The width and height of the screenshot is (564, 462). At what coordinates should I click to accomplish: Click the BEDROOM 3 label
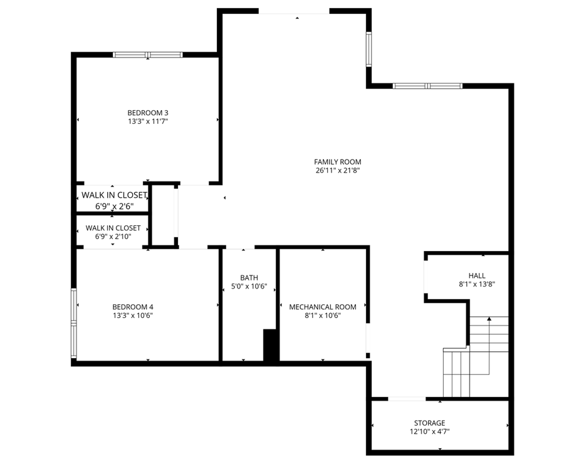(148, 113)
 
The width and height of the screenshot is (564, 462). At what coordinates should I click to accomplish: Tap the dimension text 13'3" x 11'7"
(148, 121)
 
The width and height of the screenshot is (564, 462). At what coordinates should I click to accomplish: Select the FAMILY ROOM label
(338, 162)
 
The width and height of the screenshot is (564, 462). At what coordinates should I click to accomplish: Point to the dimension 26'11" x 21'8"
(338, 170)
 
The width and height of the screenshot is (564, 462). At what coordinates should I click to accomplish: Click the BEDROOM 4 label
(133, 307)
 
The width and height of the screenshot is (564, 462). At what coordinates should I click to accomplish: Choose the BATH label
(249, 278)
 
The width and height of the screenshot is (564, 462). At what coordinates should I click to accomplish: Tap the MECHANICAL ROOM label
(323, 307)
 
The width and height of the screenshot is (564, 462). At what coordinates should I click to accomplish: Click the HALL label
(477, 275)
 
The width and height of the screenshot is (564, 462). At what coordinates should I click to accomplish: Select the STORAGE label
(429, 423)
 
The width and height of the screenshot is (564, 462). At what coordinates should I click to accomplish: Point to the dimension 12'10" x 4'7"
(429, 432)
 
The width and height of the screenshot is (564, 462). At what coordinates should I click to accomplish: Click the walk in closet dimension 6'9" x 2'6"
(113, 205)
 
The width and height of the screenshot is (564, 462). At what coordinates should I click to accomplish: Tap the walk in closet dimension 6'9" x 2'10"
(113, 237)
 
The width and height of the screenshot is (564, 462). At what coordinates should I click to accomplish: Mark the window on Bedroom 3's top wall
(148, 55)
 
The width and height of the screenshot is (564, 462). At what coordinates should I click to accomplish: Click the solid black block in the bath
(271, 345)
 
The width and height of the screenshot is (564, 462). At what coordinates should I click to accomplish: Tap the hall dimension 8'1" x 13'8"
(477, 284)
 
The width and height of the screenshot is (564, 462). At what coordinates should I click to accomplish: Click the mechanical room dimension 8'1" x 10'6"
(323, 316)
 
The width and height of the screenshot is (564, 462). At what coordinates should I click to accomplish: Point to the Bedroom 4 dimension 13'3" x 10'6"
(133, 316)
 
